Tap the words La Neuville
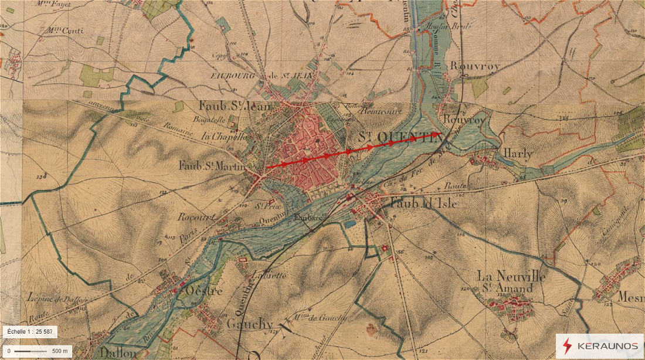point(511,276)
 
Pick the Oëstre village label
point(203,291)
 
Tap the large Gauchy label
point(250,324)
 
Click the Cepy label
point(219,56)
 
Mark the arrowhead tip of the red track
point(440,134)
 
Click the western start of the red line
point(267,168)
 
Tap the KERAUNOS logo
point(600,346)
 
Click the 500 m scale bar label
point(60,351)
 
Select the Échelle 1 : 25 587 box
point(29,332)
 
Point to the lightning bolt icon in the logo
point(566,346)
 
